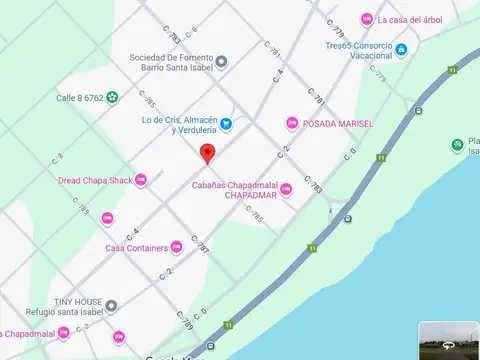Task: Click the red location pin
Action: (207, 154)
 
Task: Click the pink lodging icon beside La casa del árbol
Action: (367, 19)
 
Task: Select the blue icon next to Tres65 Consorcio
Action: (401, 49)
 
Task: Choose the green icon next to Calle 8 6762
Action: (112, 97)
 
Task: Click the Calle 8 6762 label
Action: (80, 97)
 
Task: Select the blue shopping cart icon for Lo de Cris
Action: (226, 124)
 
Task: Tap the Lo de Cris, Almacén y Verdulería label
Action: (179, 125)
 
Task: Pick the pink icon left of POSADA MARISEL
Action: (292, 122)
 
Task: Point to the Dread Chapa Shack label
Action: (94, 180)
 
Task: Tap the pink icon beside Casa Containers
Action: (176, 246)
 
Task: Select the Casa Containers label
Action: (137, 247)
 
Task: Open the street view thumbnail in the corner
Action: (448, 340)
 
